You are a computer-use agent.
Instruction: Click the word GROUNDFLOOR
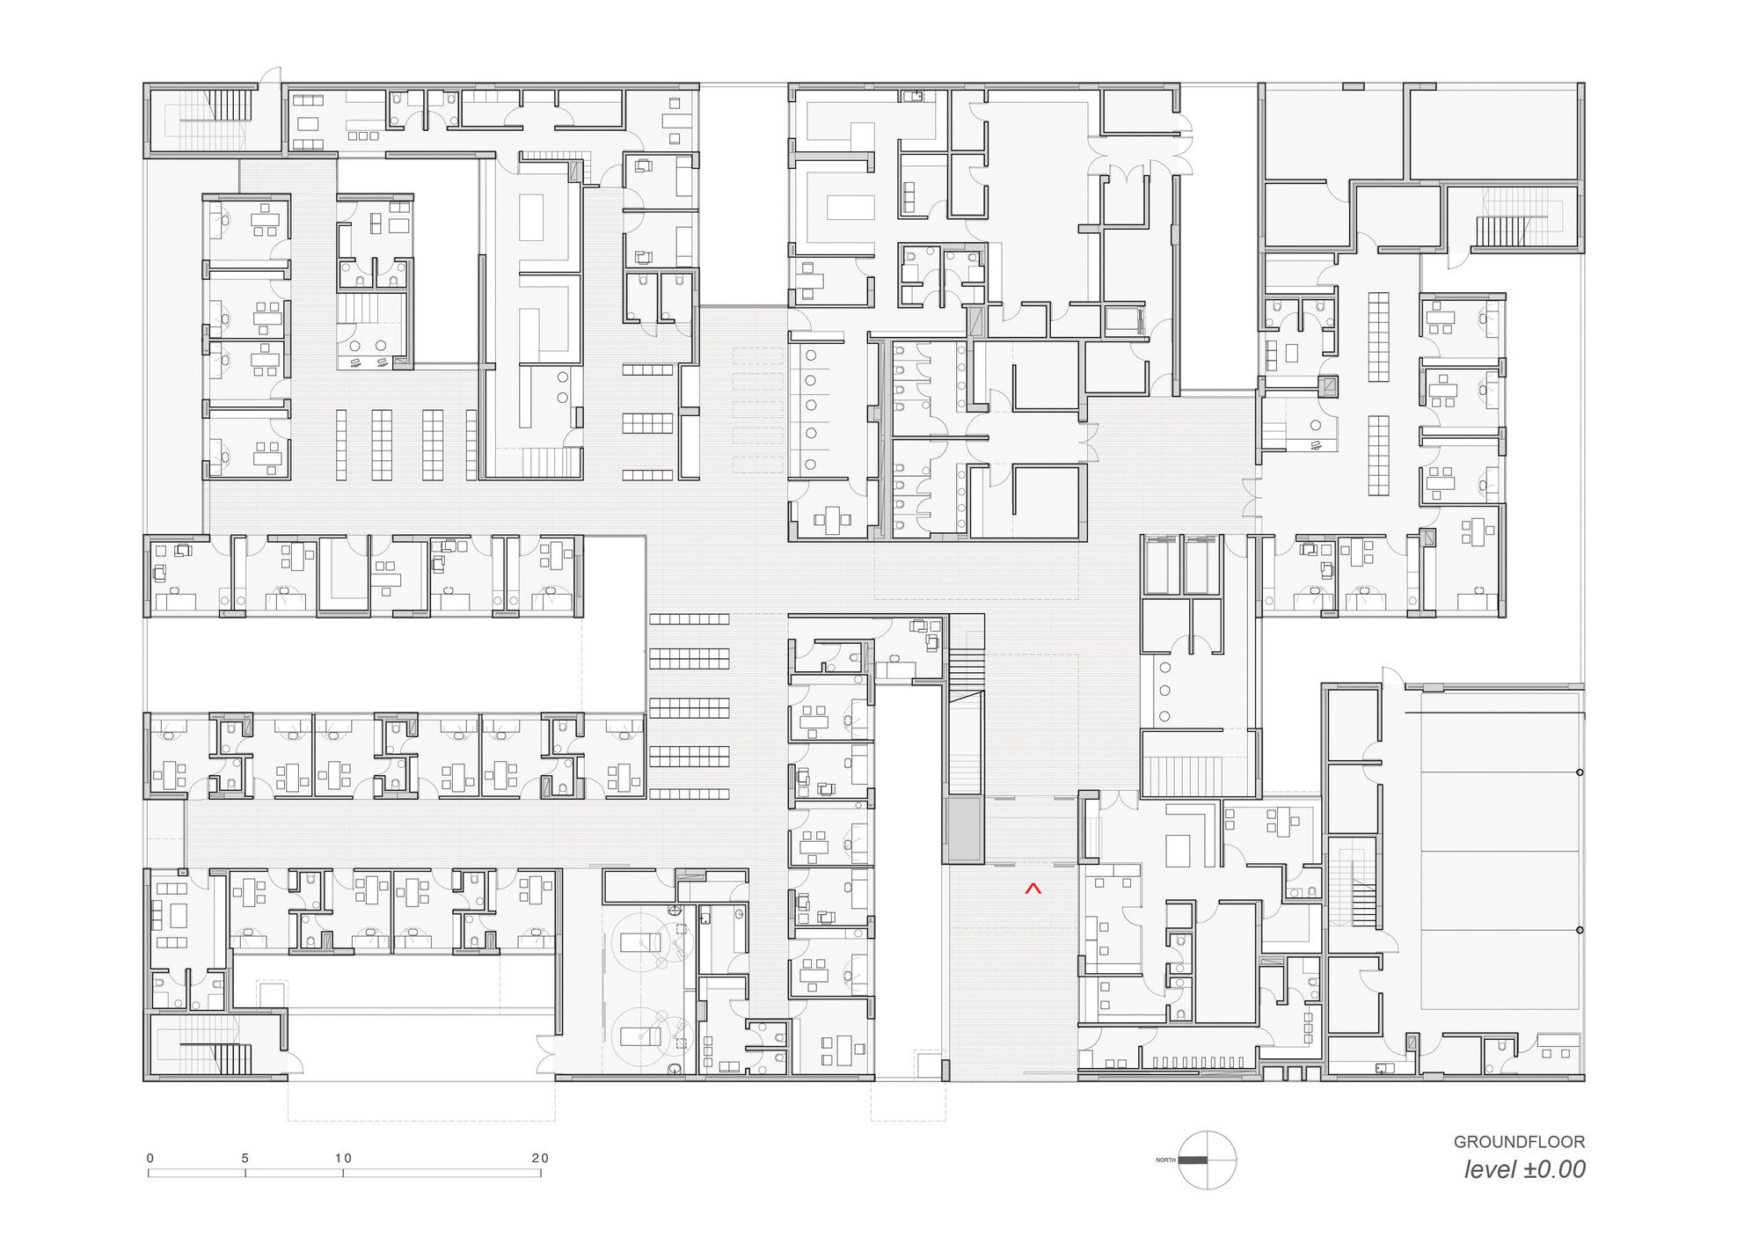tap(1519, 1142)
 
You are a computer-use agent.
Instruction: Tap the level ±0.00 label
tap(1525, 1169)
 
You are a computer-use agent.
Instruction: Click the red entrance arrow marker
tap(1033, 889)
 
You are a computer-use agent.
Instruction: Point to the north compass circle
tap(1208, 1160)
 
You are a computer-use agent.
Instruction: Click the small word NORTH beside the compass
tap(1165, 1160)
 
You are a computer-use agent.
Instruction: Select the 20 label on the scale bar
tap(540, 1159)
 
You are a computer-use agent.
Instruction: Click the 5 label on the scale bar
tap(245, 1159)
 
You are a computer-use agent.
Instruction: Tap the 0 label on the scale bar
tap(150, 1159)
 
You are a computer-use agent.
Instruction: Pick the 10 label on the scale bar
tap(343, 1159)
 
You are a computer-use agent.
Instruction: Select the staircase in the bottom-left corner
tap(216, 1050)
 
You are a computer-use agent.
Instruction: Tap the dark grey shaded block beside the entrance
tap(963, 830)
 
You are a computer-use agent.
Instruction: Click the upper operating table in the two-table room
tap(640, 943)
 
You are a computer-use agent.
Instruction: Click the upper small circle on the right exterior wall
tap(1580, 772)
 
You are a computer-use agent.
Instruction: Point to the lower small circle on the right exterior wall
tap(1580, 930)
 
